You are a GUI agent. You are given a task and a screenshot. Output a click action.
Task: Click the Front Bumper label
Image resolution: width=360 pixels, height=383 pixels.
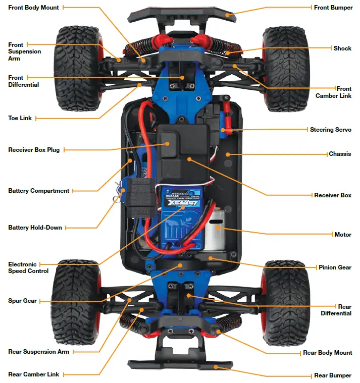333,8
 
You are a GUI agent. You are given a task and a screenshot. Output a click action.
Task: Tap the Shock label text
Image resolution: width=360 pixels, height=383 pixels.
342,48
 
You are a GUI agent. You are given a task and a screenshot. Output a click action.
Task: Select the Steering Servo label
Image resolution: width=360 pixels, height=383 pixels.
330,130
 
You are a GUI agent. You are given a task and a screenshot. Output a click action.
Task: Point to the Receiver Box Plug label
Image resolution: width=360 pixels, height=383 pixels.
34,150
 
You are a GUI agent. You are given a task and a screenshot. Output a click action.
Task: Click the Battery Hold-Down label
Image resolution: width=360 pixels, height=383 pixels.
35,228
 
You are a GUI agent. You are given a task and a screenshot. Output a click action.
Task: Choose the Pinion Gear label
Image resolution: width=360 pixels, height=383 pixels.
335,267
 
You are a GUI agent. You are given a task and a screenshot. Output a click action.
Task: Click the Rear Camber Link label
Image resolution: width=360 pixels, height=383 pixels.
33,374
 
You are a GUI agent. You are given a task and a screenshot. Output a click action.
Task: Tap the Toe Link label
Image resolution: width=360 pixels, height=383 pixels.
20,118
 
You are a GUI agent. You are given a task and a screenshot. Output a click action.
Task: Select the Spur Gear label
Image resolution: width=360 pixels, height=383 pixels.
22,301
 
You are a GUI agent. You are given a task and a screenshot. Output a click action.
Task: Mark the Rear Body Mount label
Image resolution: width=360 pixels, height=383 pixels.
327,353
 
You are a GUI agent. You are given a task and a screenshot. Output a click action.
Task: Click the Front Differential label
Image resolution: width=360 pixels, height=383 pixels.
23,81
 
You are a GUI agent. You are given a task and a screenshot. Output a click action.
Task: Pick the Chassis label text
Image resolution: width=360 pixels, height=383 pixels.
340,154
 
